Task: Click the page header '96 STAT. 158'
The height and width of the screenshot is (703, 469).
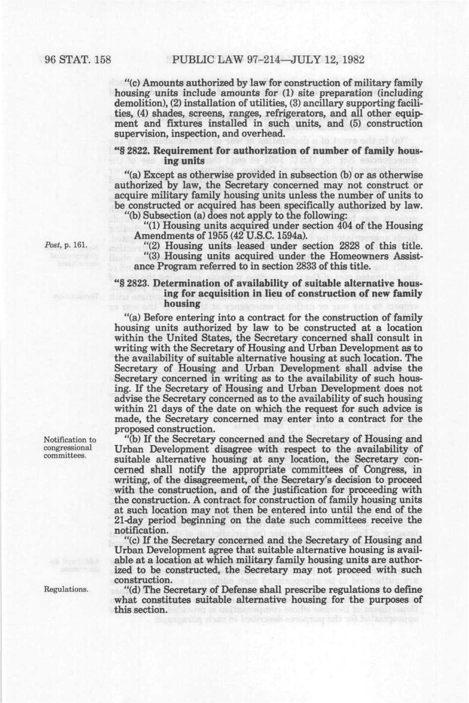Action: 76,61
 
